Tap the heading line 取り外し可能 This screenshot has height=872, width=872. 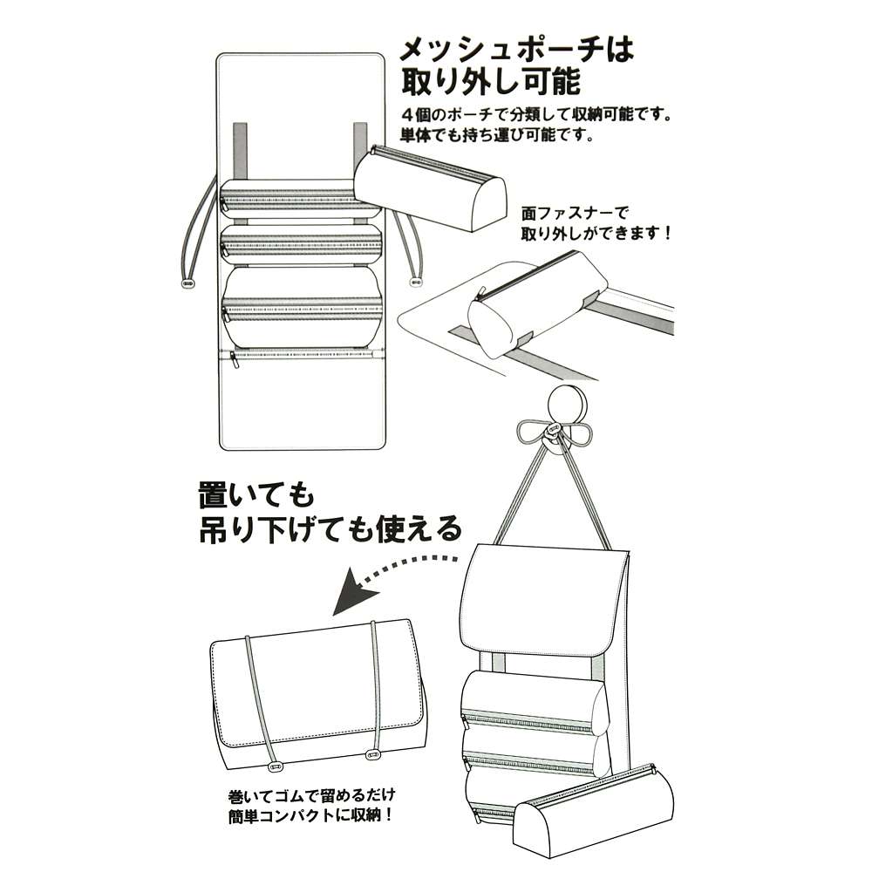point(491,83)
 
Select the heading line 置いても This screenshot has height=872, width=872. point(256,495)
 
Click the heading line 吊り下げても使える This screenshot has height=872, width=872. point(330,529)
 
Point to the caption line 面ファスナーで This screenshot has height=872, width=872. point(575,214)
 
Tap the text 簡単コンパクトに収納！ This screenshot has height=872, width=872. point(311,816)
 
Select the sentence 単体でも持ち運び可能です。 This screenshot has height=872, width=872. point(497,135)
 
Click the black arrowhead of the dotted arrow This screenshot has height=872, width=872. point(355,593)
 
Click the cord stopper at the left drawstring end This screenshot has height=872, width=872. point(189,283)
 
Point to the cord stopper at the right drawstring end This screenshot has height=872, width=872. point(415,282)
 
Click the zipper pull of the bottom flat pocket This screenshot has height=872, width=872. point(235,360)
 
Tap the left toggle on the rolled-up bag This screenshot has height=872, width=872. point(275,766)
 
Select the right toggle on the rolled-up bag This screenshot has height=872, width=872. point(373,754)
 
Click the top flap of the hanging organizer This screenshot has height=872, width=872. point(545,598)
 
